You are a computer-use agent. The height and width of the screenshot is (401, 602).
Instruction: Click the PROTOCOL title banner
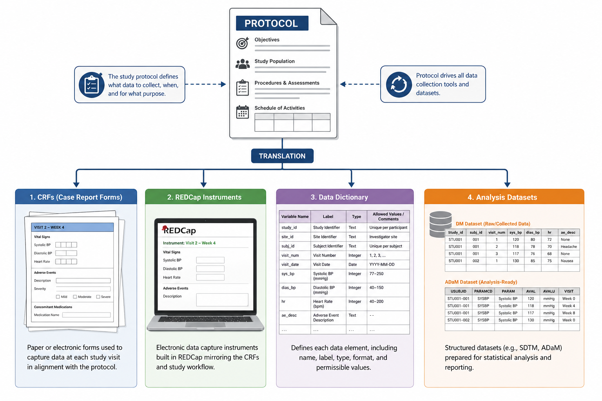point(272,23)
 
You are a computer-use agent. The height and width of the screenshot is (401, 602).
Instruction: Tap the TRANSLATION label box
point(282,156)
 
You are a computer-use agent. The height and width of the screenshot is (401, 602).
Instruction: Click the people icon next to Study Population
point(243,64)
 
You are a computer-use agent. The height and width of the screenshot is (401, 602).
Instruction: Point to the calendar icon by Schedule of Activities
point(243,112)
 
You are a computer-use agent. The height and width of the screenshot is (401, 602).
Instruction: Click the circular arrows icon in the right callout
point(399,84)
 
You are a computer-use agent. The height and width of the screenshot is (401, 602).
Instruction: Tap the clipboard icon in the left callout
point(92,85)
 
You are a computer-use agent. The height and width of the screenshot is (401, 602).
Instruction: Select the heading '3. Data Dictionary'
point(339,197)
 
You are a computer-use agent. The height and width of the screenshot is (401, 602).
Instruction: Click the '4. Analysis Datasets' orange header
point(504,197)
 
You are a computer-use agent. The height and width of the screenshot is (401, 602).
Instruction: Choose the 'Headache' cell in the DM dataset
point(569,247)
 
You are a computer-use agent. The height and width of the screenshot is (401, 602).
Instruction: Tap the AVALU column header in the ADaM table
point(549,291)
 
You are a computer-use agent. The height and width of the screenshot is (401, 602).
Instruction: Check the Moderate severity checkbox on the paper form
point(75,297)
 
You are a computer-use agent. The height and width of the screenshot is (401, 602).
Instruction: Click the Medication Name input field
point(87,315)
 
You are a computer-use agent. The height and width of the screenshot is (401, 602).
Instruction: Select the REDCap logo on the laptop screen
point(179,230)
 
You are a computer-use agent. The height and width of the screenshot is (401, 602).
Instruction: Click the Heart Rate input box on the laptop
point(210,278)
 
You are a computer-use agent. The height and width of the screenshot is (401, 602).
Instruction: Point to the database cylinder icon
point(440,224)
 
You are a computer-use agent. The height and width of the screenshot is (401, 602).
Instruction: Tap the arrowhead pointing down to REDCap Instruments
point(204,185)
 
